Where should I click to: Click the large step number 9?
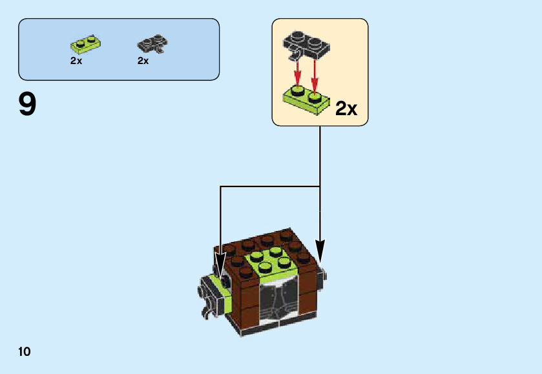27,105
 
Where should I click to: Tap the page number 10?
25,352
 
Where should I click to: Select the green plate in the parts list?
85,45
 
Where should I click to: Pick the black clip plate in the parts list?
152,45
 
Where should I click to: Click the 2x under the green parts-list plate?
76,61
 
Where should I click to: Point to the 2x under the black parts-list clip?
143,61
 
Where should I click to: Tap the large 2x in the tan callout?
346,108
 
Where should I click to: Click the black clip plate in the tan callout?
306,45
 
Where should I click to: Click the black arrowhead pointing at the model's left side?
220,267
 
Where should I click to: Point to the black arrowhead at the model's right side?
320,249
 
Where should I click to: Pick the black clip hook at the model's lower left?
206,314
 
